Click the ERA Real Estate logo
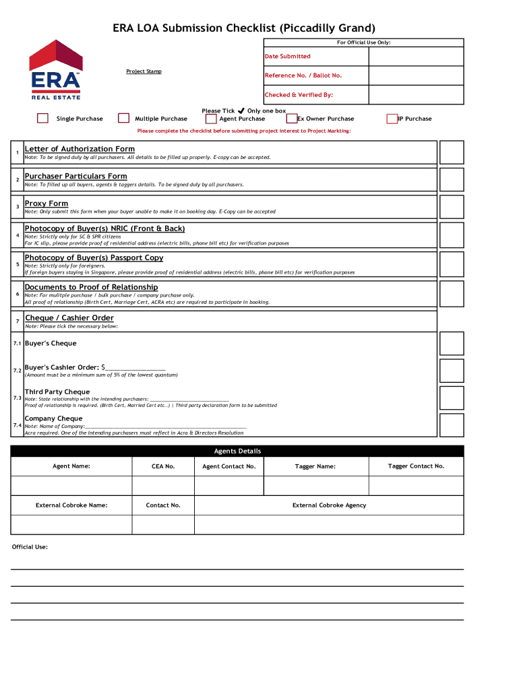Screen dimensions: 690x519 [55, 69]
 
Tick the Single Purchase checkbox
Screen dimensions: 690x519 [42, 119]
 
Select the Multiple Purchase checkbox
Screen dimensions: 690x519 [123, 119]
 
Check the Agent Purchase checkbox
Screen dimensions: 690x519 [211, 119]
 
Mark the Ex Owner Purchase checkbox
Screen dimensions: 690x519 [292, 119]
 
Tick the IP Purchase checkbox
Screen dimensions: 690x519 [392, 119]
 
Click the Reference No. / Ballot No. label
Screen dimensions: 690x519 [303, 75]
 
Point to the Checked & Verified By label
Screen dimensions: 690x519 [299, 95]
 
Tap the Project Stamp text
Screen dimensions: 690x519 [144, 71]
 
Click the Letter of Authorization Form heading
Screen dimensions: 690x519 [80, 149]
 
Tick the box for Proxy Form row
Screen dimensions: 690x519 [452, 207]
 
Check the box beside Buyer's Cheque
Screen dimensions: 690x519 [452, 344]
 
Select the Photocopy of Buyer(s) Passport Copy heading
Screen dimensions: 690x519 [94, 258]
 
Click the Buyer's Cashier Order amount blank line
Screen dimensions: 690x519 [135, 368]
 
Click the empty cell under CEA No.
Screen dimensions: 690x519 [163, 486]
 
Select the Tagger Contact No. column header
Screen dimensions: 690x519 [416, 466]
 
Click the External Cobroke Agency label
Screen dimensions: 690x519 [329, 505]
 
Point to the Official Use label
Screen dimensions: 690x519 [30, 546]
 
